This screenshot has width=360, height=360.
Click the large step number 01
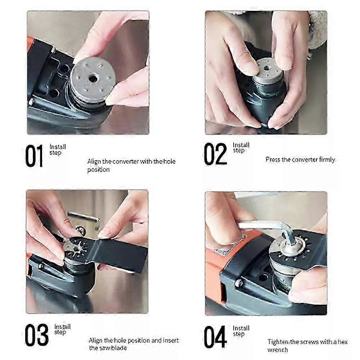click(x=34, y=155)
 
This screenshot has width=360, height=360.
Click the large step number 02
click(x=215, y=154)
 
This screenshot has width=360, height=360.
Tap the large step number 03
click(x=37, y=335)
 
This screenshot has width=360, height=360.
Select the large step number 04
click(x=215, y=337)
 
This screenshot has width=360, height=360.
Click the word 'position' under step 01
click(x=98, y=170)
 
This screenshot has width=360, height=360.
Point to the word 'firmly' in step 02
click(x=327, y=160)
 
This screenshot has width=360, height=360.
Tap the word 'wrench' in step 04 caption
click(x=277, y=350)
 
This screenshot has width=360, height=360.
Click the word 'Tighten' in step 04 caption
click(x=278, y=342)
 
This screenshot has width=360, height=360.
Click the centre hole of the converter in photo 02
click(x=267, y=68)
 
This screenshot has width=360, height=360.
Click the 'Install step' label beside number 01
click(x=58, y=149)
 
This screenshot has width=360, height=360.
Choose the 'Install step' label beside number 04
click(x=241, y=331)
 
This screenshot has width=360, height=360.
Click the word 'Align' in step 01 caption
click(x=94, y=161)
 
